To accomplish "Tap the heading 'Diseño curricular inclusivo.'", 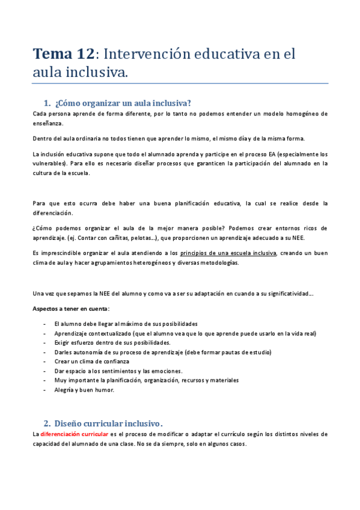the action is tap(109, 422).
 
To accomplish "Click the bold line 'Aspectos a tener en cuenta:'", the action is tap(71, 309).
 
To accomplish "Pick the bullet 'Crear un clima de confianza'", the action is tap(92, 361).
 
